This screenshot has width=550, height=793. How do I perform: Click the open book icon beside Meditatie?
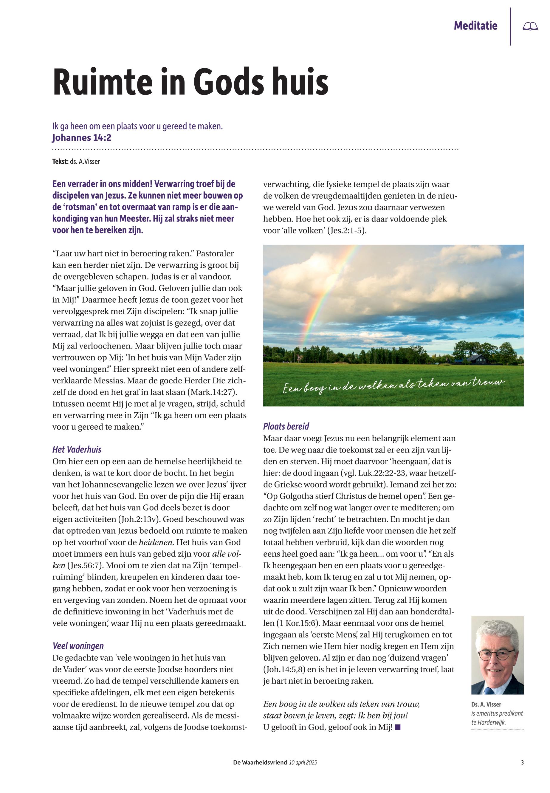pyautogui.click(x=530, y=26)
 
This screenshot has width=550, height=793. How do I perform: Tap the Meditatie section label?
pyautogui.click(x=475, y=26)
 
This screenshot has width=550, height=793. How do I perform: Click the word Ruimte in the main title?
pyautogui.click(x=102, y=83)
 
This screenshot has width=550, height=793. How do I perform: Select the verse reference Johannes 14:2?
pyautogui.click(x=82, y=138)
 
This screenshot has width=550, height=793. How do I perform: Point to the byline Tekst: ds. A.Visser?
pyautogui.click(x=76, y=162)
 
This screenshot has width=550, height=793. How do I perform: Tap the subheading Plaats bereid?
pyautogui.click(x=286, y=426)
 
